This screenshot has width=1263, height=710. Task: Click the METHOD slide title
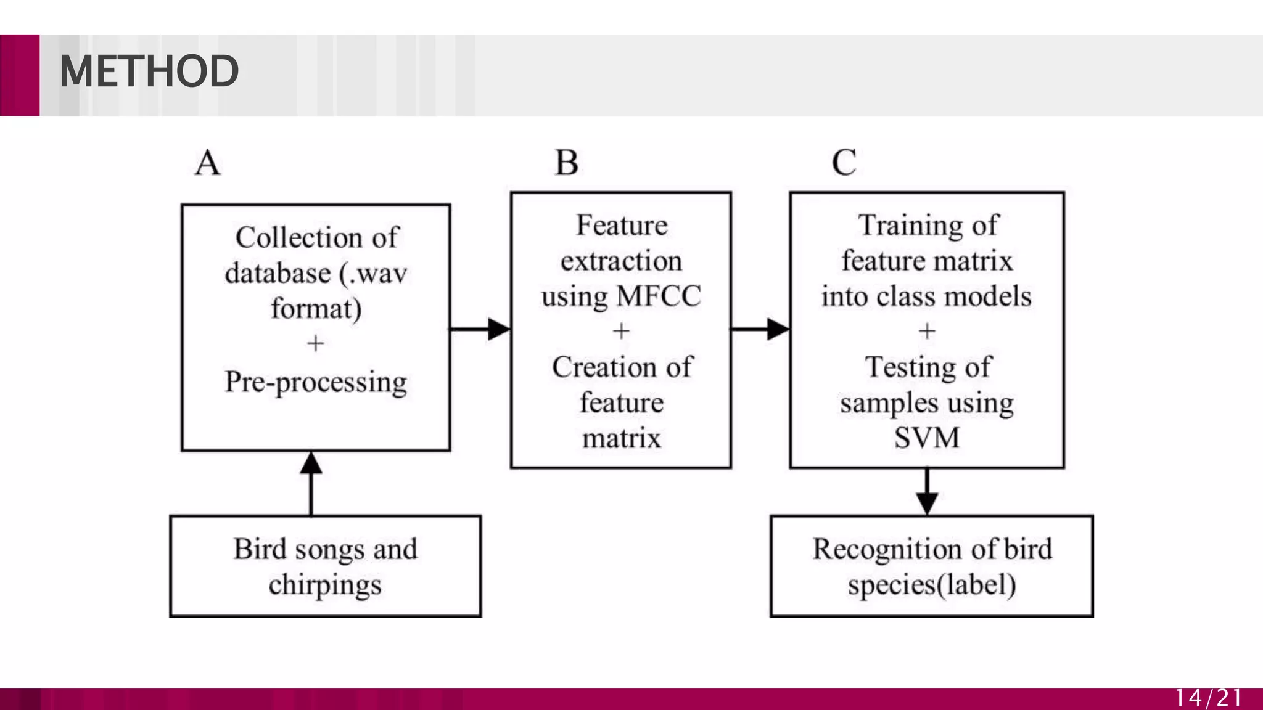tap(149, 71)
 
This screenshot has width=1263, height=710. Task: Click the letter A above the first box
tap(207, 163)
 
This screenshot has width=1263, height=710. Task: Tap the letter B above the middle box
tap(567, 163)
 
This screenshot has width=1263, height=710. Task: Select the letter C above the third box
tap(844, 163)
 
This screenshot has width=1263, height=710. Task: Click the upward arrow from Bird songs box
tap(311, 484)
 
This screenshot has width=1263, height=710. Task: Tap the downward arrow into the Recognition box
tap(926, 491)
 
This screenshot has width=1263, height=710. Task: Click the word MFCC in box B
tap(659, 296)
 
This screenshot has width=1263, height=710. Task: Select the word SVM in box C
tap(926, 438)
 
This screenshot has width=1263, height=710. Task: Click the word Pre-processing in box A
tap(316, 382)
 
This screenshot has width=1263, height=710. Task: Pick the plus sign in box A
tap(315, 343)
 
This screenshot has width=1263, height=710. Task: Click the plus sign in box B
tap(621, 332)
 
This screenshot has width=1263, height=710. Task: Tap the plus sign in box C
tap(926, 332)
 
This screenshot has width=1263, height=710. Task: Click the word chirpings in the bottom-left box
tap(325, 585)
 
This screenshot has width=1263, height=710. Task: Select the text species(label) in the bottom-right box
tap(931, 585)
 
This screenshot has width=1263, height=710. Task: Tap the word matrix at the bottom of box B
tap(621, 438)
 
